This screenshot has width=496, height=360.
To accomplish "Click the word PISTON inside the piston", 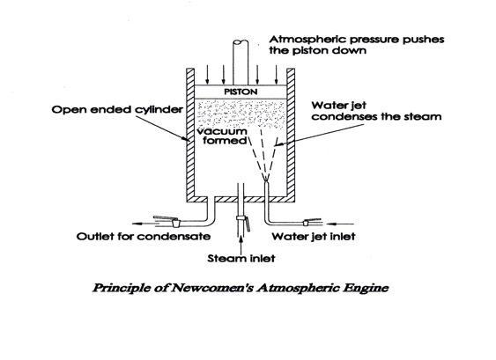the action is pos(241,92).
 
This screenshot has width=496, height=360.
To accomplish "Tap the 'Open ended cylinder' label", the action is pos(117,110).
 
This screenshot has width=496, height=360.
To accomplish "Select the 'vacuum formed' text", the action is pos(223,136).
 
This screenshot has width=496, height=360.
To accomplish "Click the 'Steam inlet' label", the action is pos(241,258).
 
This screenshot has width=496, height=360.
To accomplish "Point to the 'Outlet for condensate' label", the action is pos(144,236).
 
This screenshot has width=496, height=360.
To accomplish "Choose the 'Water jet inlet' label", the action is pos(314,236).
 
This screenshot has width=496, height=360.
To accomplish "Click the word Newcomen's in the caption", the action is pos(213,288).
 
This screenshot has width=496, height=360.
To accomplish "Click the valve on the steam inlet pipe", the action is pos(243,222).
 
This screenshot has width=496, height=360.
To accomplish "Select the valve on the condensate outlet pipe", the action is pos(167,221).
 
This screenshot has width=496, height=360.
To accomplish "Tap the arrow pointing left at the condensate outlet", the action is pos(144,224).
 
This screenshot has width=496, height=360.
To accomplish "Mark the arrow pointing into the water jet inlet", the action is pos(340,224).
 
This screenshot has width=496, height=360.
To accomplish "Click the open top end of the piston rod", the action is pos(241,42).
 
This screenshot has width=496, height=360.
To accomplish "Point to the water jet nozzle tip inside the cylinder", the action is pos(267,180).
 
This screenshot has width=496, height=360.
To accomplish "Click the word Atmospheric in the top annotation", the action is pos(307,40).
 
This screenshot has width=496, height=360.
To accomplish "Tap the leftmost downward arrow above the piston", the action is pos(207,75).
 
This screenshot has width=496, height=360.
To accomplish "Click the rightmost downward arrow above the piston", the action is pos(276,75).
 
